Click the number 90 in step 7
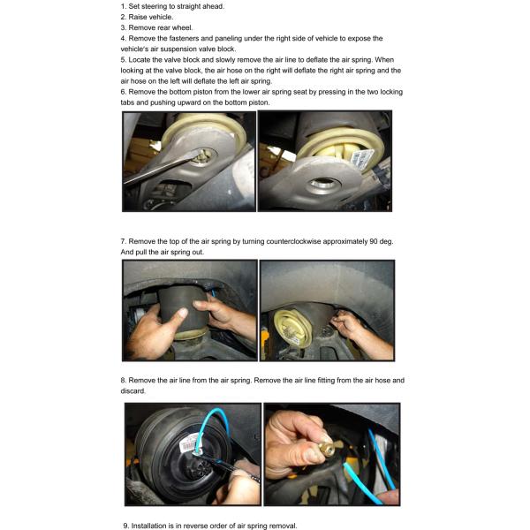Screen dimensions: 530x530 coord(374,241)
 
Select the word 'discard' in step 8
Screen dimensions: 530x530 coord(132,391)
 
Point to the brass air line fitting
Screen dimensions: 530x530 coord(329,445)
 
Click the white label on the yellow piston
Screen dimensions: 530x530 coord(363,157)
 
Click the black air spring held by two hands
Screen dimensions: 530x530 coord(184,310)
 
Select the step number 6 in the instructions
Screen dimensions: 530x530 coord(123,92)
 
